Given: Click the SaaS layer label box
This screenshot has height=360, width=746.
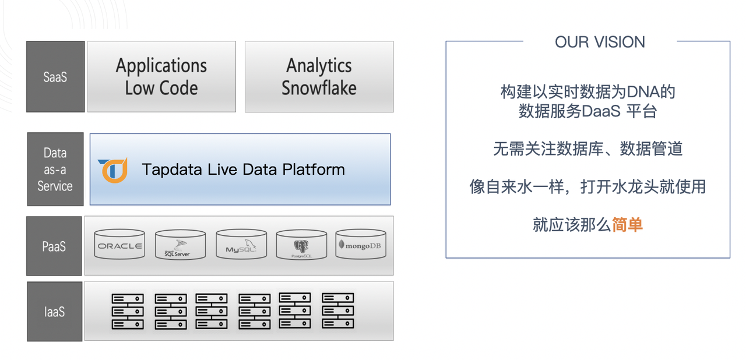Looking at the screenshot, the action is click(x=55, y=76).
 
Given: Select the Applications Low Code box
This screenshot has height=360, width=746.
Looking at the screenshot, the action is click(x=161, y=76).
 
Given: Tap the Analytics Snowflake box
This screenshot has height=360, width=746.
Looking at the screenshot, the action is click(x=319, y=76).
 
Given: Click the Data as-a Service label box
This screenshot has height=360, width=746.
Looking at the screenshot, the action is click(x=55, y=169).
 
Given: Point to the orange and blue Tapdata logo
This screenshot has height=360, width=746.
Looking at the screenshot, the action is click(x=113, y=170).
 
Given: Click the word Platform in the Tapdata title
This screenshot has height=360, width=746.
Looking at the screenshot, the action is click(x=314, y=170).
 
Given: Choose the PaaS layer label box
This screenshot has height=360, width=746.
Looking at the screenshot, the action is click(x=54, y=246).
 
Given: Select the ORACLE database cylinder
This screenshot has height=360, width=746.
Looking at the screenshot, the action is click(x=119, y=244).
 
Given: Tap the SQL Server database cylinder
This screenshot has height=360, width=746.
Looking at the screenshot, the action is click(x=180, y=245).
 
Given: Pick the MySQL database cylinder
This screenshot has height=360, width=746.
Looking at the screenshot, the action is click(x=241, y=244).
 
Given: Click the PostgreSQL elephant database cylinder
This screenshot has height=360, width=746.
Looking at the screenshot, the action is click(x=301, y=245).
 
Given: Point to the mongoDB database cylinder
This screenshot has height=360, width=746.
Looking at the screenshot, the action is click(x=361, y=244).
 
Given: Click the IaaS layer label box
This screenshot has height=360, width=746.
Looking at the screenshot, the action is click(x=55, y=312).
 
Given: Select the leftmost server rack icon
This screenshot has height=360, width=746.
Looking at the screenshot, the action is click(x=128, y=312).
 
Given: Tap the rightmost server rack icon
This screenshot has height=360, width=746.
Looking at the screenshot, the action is click(x=337, y=310).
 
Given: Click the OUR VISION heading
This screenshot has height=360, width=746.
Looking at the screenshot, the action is click(x=600, y=43).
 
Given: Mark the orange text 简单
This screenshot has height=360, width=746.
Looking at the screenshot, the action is click(x=628, y=225).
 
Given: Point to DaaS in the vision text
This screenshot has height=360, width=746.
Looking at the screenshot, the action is click(x=601, y=111).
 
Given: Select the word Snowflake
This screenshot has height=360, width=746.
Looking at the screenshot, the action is click(x=319, y=88).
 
